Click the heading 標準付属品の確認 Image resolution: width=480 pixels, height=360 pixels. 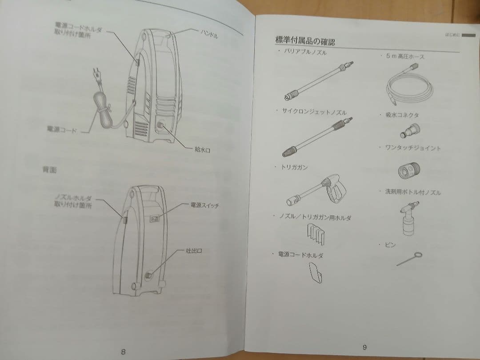pos(305,41)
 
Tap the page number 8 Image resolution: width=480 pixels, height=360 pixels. pos(123,351)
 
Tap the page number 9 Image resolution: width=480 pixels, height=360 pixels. pos(364,347)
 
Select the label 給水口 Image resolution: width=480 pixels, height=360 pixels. pos(202,150)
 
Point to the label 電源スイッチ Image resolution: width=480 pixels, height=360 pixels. pos(205,205)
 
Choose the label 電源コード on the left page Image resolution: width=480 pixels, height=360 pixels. pos(62,130)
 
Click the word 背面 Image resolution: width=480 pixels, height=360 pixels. pos(49,170)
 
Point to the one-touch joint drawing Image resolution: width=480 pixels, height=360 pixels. pos(408,169)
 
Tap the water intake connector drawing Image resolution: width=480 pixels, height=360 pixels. pos(409,131)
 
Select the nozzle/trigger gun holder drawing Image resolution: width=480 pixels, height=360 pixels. pos(316,233)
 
